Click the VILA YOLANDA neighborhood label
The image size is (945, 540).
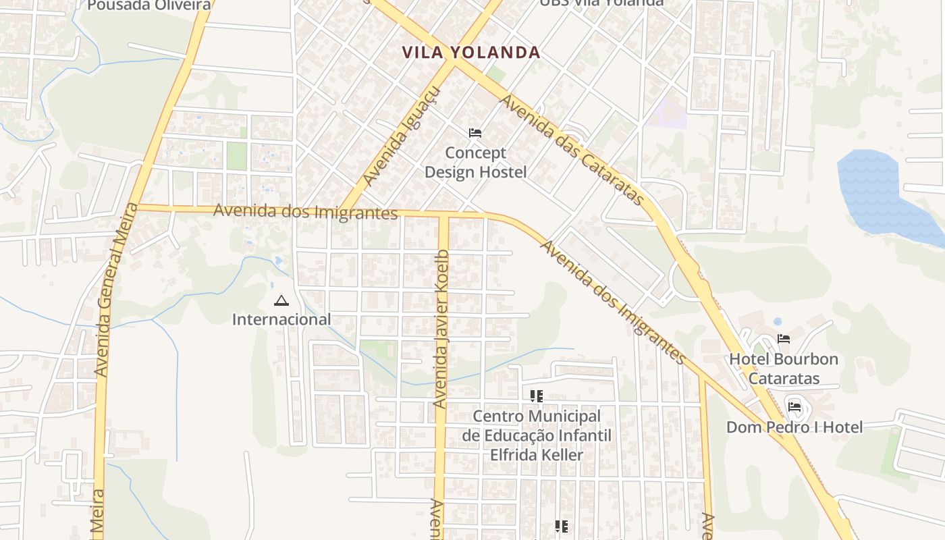[x=470, y=52]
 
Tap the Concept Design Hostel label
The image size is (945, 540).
[x=475, y=163]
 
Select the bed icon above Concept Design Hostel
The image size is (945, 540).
[x=475, y=133]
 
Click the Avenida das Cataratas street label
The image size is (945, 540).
[x=572, y=150]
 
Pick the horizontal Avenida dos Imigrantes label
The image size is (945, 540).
[x=305, y=211]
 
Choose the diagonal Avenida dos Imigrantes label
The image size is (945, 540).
[x=613, y=302]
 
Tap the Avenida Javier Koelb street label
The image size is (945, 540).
[x=441, y=329]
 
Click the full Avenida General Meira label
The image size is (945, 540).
[x=112, y=290]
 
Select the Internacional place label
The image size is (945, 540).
[x=281, y=319]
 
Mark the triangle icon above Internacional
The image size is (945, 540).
[x=281, y=300]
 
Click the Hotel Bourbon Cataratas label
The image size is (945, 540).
[x=784, y=369]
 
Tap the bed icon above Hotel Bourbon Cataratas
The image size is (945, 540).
[x=784, y=339]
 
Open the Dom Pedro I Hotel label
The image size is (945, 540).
[x=794, y=427]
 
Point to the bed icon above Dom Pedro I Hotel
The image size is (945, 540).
[x=794, y=407]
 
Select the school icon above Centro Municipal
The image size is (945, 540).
[x=537, y=396]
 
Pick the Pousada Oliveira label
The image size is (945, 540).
[x=149, y=5]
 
